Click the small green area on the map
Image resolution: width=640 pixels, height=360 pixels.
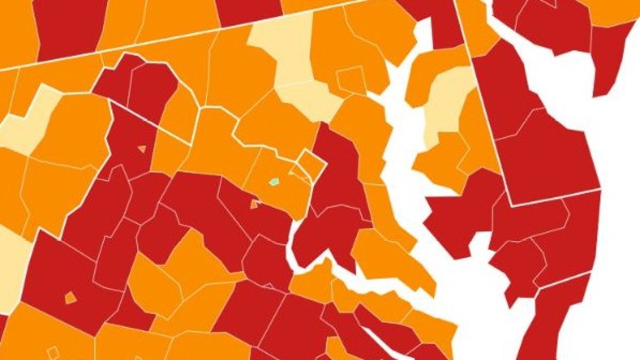tap(274, 181)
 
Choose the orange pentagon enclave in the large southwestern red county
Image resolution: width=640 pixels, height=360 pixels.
tap(70, 298)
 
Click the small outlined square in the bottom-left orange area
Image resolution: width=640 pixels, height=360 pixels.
tap(52, 352)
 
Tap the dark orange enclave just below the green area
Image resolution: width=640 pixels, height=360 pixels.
tap(255, 204)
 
